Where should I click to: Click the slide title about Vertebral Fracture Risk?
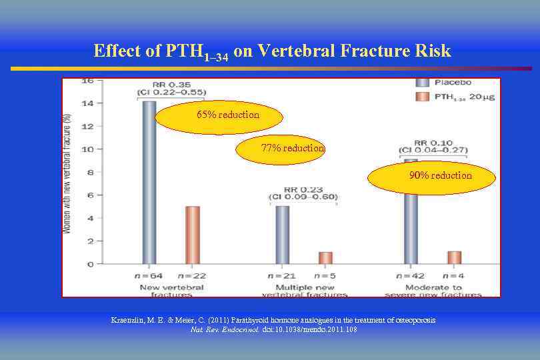(x=272, y=51)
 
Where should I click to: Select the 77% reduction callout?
(x=287, y=148)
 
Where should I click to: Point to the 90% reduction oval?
(x=432, y=176)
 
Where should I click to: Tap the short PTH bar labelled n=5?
(x=325, y=257)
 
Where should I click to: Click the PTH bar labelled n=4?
(x=454, y=257)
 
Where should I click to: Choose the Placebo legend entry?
(x=443, y=83)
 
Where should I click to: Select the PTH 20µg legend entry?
(x=443, y=97)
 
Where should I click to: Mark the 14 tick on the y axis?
(x=87, y=103)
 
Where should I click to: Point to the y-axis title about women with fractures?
(x=67, y=173)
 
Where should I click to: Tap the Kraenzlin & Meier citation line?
(x=273, y=321)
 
